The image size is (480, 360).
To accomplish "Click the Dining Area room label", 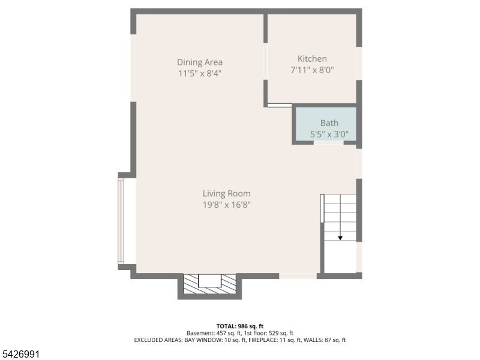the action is [200, 62].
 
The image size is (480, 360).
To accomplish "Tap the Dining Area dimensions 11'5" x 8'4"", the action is [200, 73].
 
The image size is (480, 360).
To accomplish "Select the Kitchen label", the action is [312, 58].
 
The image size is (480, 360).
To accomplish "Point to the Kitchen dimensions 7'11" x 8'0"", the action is [312, 70].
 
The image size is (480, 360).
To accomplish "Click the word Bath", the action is [329, 123].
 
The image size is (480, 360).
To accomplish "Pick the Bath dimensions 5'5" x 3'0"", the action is [329, 134].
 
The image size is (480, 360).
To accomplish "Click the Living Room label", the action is [227, 193].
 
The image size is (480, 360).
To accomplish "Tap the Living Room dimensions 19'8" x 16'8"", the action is [227, 205].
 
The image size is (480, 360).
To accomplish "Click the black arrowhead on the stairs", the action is [340, 238].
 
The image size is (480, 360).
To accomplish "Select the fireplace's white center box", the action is [209, 281].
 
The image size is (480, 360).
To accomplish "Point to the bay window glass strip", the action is [121, 221].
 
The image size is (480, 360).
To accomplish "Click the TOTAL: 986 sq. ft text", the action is [239, 326].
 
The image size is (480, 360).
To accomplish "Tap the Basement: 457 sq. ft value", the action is [214, 333].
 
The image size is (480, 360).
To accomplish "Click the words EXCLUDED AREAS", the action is [158, 340].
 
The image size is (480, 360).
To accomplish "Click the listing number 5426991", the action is [20, 355].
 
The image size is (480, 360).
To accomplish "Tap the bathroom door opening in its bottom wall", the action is [328, 143].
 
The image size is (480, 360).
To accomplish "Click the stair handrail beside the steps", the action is [322, 208].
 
